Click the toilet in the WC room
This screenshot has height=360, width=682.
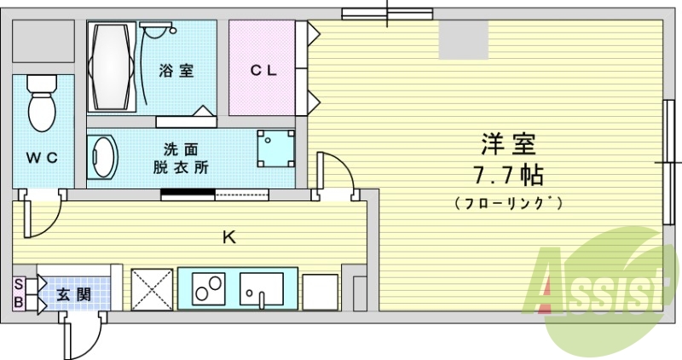pyautogui.click(x=40, y=102)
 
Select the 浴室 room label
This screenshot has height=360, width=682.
pyautogui.click(x=176, y=71)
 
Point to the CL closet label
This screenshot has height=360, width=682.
pyautogui.click(x=263, y=71)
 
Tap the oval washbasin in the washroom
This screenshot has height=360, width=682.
pyautogui.click(x=103, y=157)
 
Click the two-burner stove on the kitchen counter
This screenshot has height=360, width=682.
pyautogui.click(x=207, y=289)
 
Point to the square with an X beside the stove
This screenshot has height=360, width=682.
pyautogui.click(x=150, y=290)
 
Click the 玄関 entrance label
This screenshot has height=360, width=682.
pyautogui.click(x=75, y=295)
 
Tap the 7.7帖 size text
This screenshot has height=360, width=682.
pyautogui.click(x=508, y=177)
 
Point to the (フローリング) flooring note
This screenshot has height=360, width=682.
pyautogui.click(x=508, y=204)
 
